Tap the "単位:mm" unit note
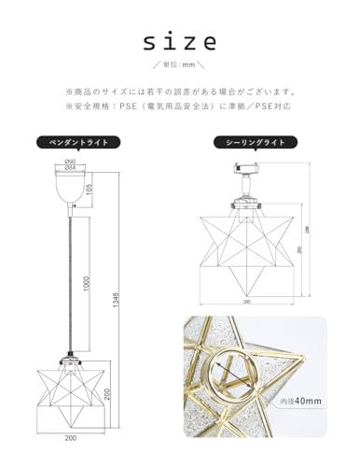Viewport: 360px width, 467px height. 180,65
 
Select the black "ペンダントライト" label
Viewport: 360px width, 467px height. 74,142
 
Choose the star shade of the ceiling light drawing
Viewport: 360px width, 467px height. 250,247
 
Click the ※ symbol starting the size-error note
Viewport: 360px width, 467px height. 68,92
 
